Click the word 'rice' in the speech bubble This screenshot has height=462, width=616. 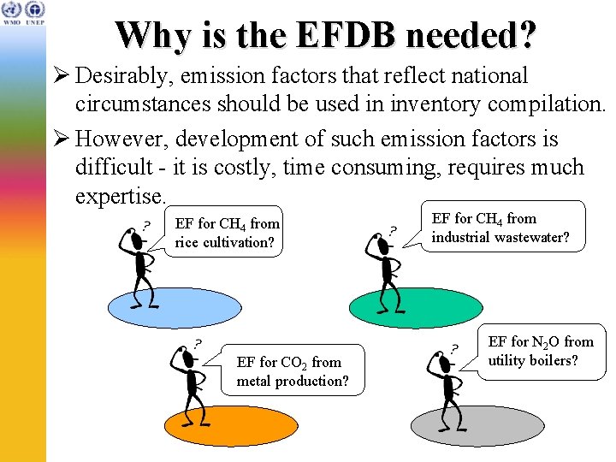coord(189,242)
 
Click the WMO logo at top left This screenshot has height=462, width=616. coord(12,10)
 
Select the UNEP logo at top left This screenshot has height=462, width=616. coord(34,10)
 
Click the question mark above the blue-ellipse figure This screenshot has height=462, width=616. coord(146,225)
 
